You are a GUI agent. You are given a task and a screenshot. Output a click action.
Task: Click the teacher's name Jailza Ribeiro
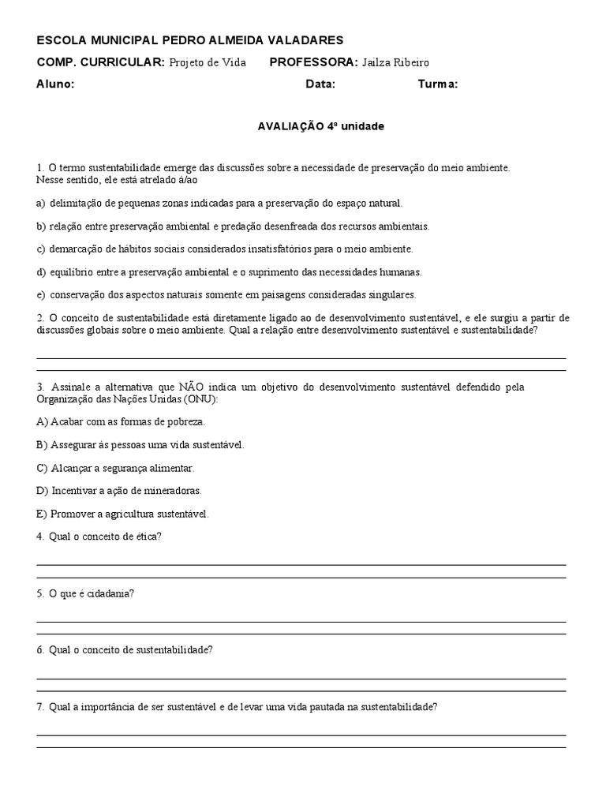tap(396, 62)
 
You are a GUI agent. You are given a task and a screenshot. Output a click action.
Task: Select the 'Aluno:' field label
tap(55, 84)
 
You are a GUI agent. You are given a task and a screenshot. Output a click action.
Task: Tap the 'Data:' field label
tap(320, 84)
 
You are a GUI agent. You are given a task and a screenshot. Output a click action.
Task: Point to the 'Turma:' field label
tap(438, 84)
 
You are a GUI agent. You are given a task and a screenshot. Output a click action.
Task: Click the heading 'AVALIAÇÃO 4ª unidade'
tap(321, 125)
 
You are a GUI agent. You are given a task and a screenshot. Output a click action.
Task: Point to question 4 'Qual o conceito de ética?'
tap(99, 537)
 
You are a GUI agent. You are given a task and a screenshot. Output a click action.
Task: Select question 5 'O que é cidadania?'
tap(85, 593)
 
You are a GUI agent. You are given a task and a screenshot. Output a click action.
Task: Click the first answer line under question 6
tap(301, 678)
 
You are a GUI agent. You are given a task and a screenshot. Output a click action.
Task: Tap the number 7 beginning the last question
tap(39, 707)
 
